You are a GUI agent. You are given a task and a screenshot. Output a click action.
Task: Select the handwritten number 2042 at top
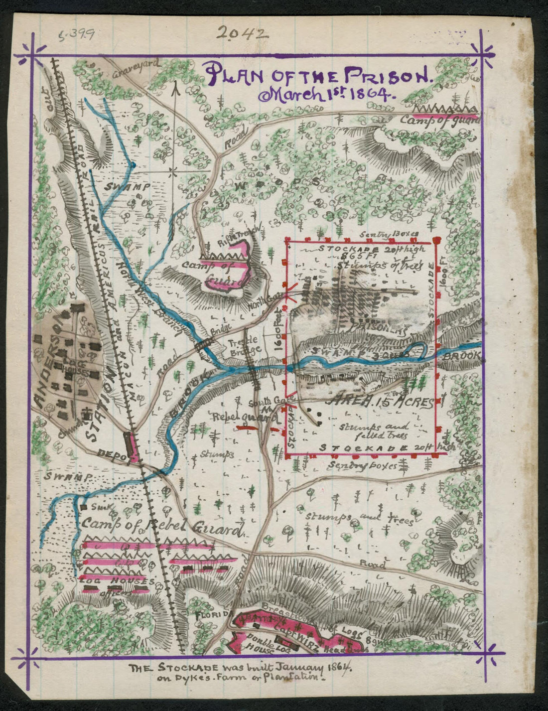tap(243, 33)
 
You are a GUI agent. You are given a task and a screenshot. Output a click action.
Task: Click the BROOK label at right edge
tap(463, 357)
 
